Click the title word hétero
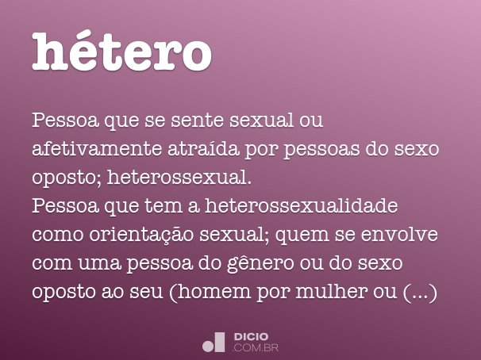click(x=122, y=52)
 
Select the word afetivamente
click(x=96, y=150)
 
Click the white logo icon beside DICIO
click(x=214, y=341)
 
